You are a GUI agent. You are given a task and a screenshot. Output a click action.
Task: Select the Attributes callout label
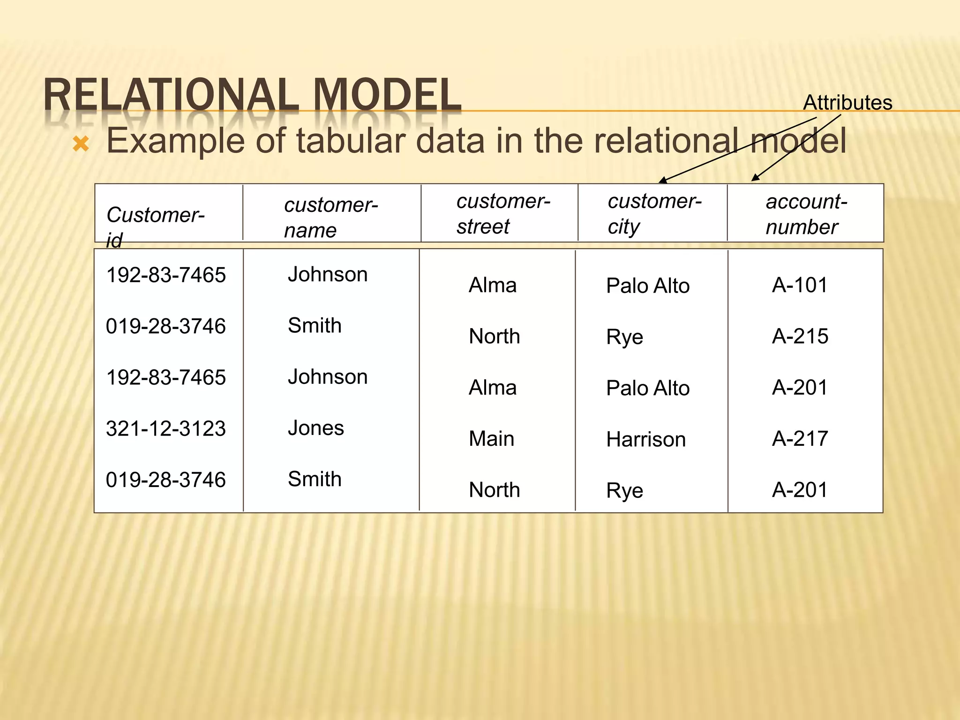click(847, 103)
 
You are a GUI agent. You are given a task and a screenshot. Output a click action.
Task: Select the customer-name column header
click(330, 217)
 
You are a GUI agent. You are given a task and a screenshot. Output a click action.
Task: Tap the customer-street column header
click(503, 214)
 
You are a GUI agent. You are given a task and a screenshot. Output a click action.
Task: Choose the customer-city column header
click(654, 214)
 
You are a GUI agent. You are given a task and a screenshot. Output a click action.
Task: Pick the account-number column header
click(806, 214)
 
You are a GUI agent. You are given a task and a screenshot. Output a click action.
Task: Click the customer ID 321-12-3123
click(166, 428)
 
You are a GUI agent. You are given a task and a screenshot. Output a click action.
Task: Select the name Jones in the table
click(315, 428)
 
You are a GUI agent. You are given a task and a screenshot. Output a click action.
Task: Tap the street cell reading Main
click(491, 439)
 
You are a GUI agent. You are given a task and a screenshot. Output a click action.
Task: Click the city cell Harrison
click(645, 440)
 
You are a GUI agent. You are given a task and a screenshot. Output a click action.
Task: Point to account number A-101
click(800, 285)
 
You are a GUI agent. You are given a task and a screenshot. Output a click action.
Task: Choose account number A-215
click(800, 336)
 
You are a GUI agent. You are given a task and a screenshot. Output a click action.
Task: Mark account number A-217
click(800, 439)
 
